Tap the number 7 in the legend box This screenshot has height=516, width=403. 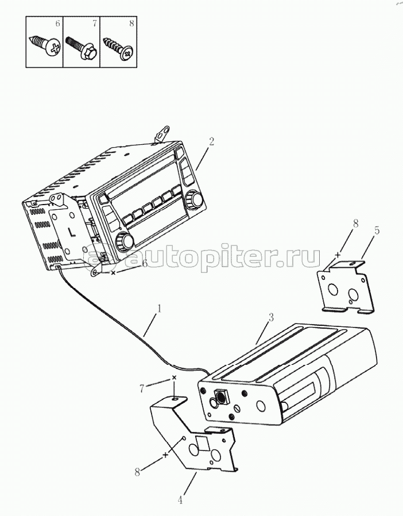click(94, 24)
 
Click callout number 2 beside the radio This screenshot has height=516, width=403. click(211, 141)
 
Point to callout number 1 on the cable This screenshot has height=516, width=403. click(159, 309)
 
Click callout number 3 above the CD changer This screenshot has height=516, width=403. click(271, 318)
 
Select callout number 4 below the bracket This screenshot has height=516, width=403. click(180, 500)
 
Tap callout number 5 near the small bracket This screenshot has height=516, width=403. click(377, 230)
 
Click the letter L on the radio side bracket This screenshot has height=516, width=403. click(71, 232)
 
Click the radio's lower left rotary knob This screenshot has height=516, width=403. click(124, 241)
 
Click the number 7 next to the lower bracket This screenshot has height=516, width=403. click(142, 388)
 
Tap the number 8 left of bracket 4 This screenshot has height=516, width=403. click(137, 472)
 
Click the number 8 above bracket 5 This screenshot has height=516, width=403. click(355, 224)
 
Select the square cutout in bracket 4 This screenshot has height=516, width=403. click(203, 443)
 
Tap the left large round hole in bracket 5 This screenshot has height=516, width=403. click(332, 290)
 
